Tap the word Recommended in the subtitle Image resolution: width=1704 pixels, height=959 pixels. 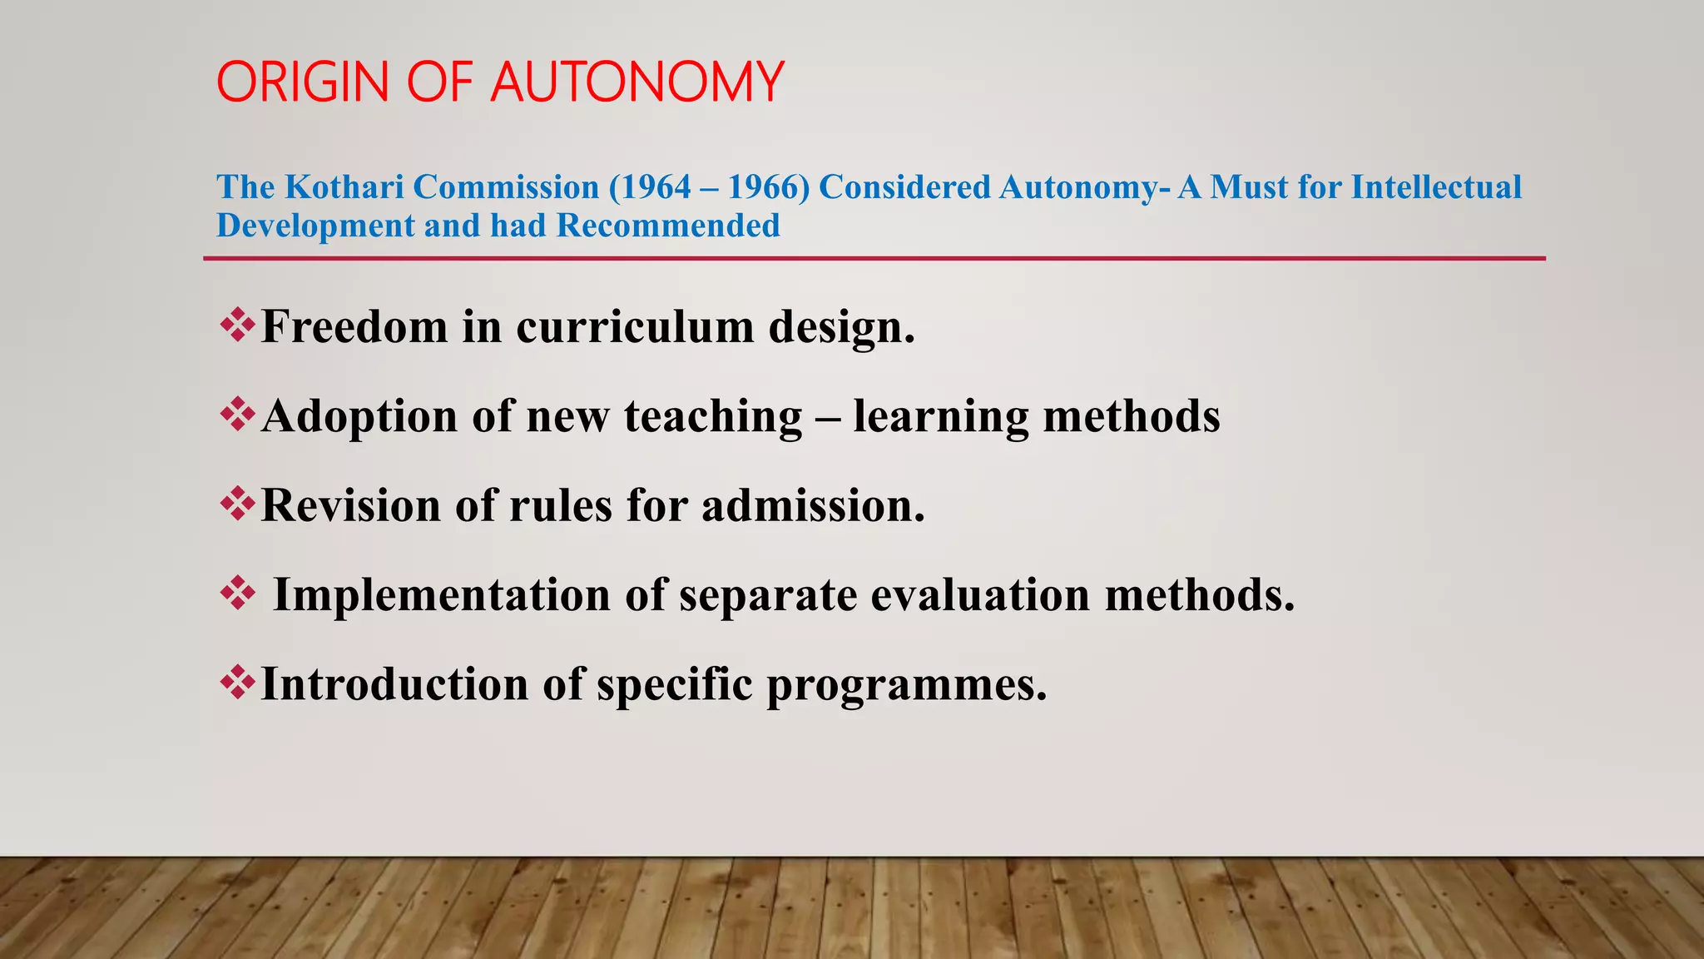pos(668,226)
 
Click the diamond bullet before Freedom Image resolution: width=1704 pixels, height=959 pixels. pos(237,325)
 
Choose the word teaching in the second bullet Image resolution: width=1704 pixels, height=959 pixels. pos(713,417)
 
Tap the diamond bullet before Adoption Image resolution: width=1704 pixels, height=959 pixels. pos(237,415)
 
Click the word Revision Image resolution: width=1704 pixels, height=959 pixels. pos(350,505)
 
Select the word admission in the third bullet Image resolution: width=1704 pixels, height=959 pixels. pos(813,505)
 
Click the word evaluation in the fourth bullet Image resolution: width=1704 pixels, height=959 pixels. pos(980,595)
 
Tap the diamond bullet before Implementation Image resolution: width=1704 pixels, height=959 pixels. pos(237,594)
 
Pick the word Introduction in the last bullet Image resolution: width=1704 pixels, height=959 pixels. pos(394,684)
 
